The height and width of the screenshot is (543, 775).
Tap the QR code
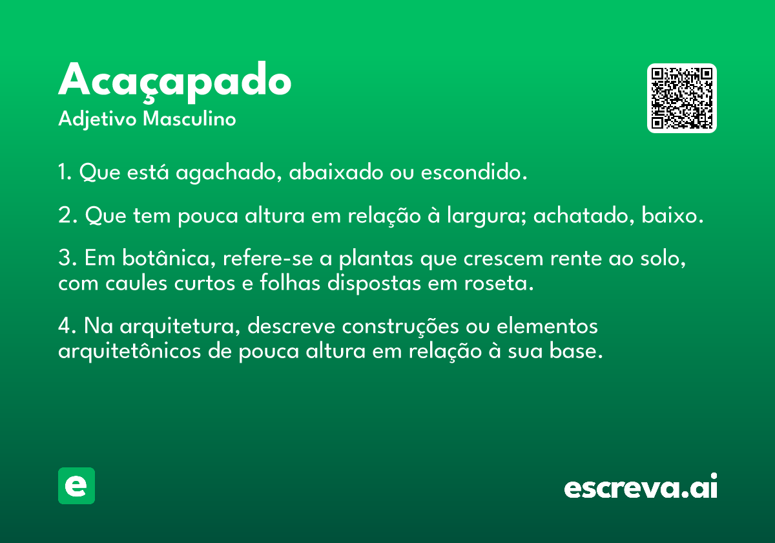pyautogui.click(x=681, y=98)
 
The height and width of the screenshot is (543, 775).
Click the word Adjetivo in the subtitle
pyautogui.click(x=98, y=120)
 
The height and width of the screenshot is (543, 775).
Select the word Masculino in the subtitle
pyautogui.click(x=189, y=118)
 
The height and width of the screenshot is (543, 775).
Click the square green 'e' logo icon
pyautogui.click(x=76, y=485)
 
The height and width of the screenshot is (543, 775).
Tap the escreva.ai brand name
pyautogui.click(x=641, y=486)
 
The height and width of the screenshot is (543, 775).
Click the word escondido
pyautogui.click(x=473, y=171)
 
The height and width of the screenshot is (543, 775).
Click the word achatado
pyautogui.click(x=584, y=215)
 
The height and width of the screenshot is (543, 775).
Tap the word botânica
pyautogui.click(x=169, y=258)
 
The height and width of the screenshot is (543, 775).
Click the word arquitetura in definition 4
pyautogui.click(x=180, y=327)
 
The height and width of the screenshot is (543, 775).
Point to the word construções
pyautogui.click(x=400, y=327)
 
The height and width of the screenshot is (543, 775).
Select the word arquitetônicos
pyautogui.click(x=129, y=351)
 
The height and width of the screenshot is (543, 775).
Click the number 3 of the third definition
pyautogui.click(x=64, y=258)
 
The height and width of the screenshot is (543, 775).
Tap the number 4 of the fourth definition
pyautogui.click(x=65, y=326)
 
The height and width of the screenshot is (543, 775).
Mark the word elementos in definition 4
pyautogui.click(x=547, y=326)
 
